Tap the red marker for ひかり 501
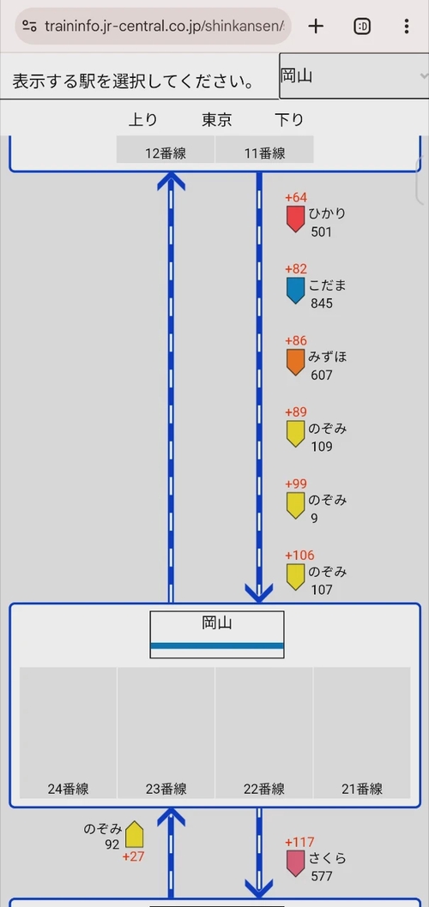pos(295,219)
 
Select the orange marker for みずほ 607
pos(295,362)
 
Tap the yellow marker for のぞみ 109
pos(295,434)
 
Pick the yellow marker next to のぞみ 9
pos(295,505)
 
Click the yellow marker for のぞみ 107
pos(295,577)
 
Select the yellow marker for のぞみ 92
pos(135,834)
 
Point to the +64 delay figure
pos(296,198)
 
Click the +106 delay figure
pos(300,556)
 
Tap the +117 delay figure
pos(300,842)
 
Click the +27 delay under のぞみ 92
pos(133,856)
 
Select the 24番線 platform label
pos(69,789)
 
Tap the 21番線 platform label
pos(362,789)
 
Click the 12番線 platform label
pos(166,153)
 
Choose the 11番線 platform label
pos(264,153)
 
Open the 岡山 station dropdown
pos(354,75)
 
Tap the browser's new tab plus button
pos(316,26)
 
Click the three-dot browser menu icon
pos(407,26)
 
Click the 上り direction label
pos(143,120)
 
